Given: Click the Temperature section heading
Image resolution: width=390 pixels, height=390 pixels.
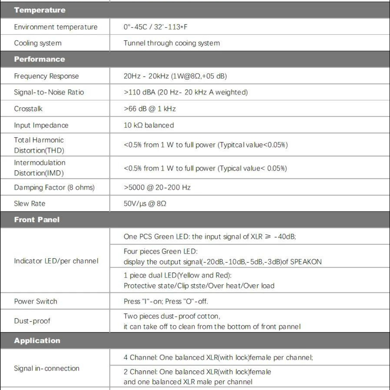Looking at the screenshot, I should (x=40, y=10).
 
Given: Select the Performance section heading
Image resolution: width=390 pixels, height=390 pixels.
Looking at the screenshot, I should (x=39, y=59).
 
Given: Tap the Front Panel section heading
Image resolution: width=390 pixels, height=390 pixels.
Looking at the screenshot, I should (x=37, y=220).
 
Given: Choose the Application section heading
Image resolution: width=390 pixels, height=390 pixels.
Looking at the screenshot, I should (x=37, y=341).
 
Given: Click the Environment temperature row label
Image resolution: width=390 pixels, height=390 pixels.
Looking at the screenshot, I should (x=56, y=27).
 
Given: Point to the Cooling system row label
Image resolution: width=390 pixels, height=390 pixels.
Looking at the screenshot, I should (x=38, y=43).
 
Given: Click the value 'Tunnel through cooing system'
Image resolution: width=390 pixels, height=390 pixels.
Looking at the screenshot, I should (x=172, y=43).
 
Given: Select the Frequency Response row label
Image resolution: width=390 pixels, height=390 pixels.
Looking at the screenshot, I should (x=46, y=76).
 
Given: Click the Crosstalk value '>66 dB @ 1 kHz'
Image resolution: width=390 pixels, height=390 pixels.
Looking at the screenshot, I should (x=149, y=109).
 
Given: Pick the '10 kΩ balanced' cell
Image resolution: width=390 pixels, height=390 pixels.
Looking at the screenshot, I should (x=148, y=125).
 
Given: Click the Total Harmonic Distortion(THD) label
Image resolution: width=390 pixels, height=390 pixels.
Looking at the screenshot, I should (x=39, y=145).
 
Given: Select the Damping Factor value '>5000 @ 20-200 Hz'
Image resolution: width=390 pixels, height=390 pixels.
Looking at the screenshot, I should (x=157, y=187).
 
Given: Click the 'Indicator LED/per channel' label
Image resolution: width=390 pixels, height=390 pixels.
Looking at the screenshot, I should (x=56, y=261).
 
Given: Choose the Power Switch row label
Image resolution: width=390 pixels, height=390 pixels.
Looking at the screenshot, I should (x=35, y=301).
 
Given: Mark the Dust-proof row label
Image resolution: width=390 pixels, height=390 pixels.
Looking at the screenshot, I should (x=32, y=321).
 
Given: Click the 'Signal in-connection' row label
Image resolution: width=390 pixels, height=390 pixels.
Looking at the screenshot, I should (x=47, y=369).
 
